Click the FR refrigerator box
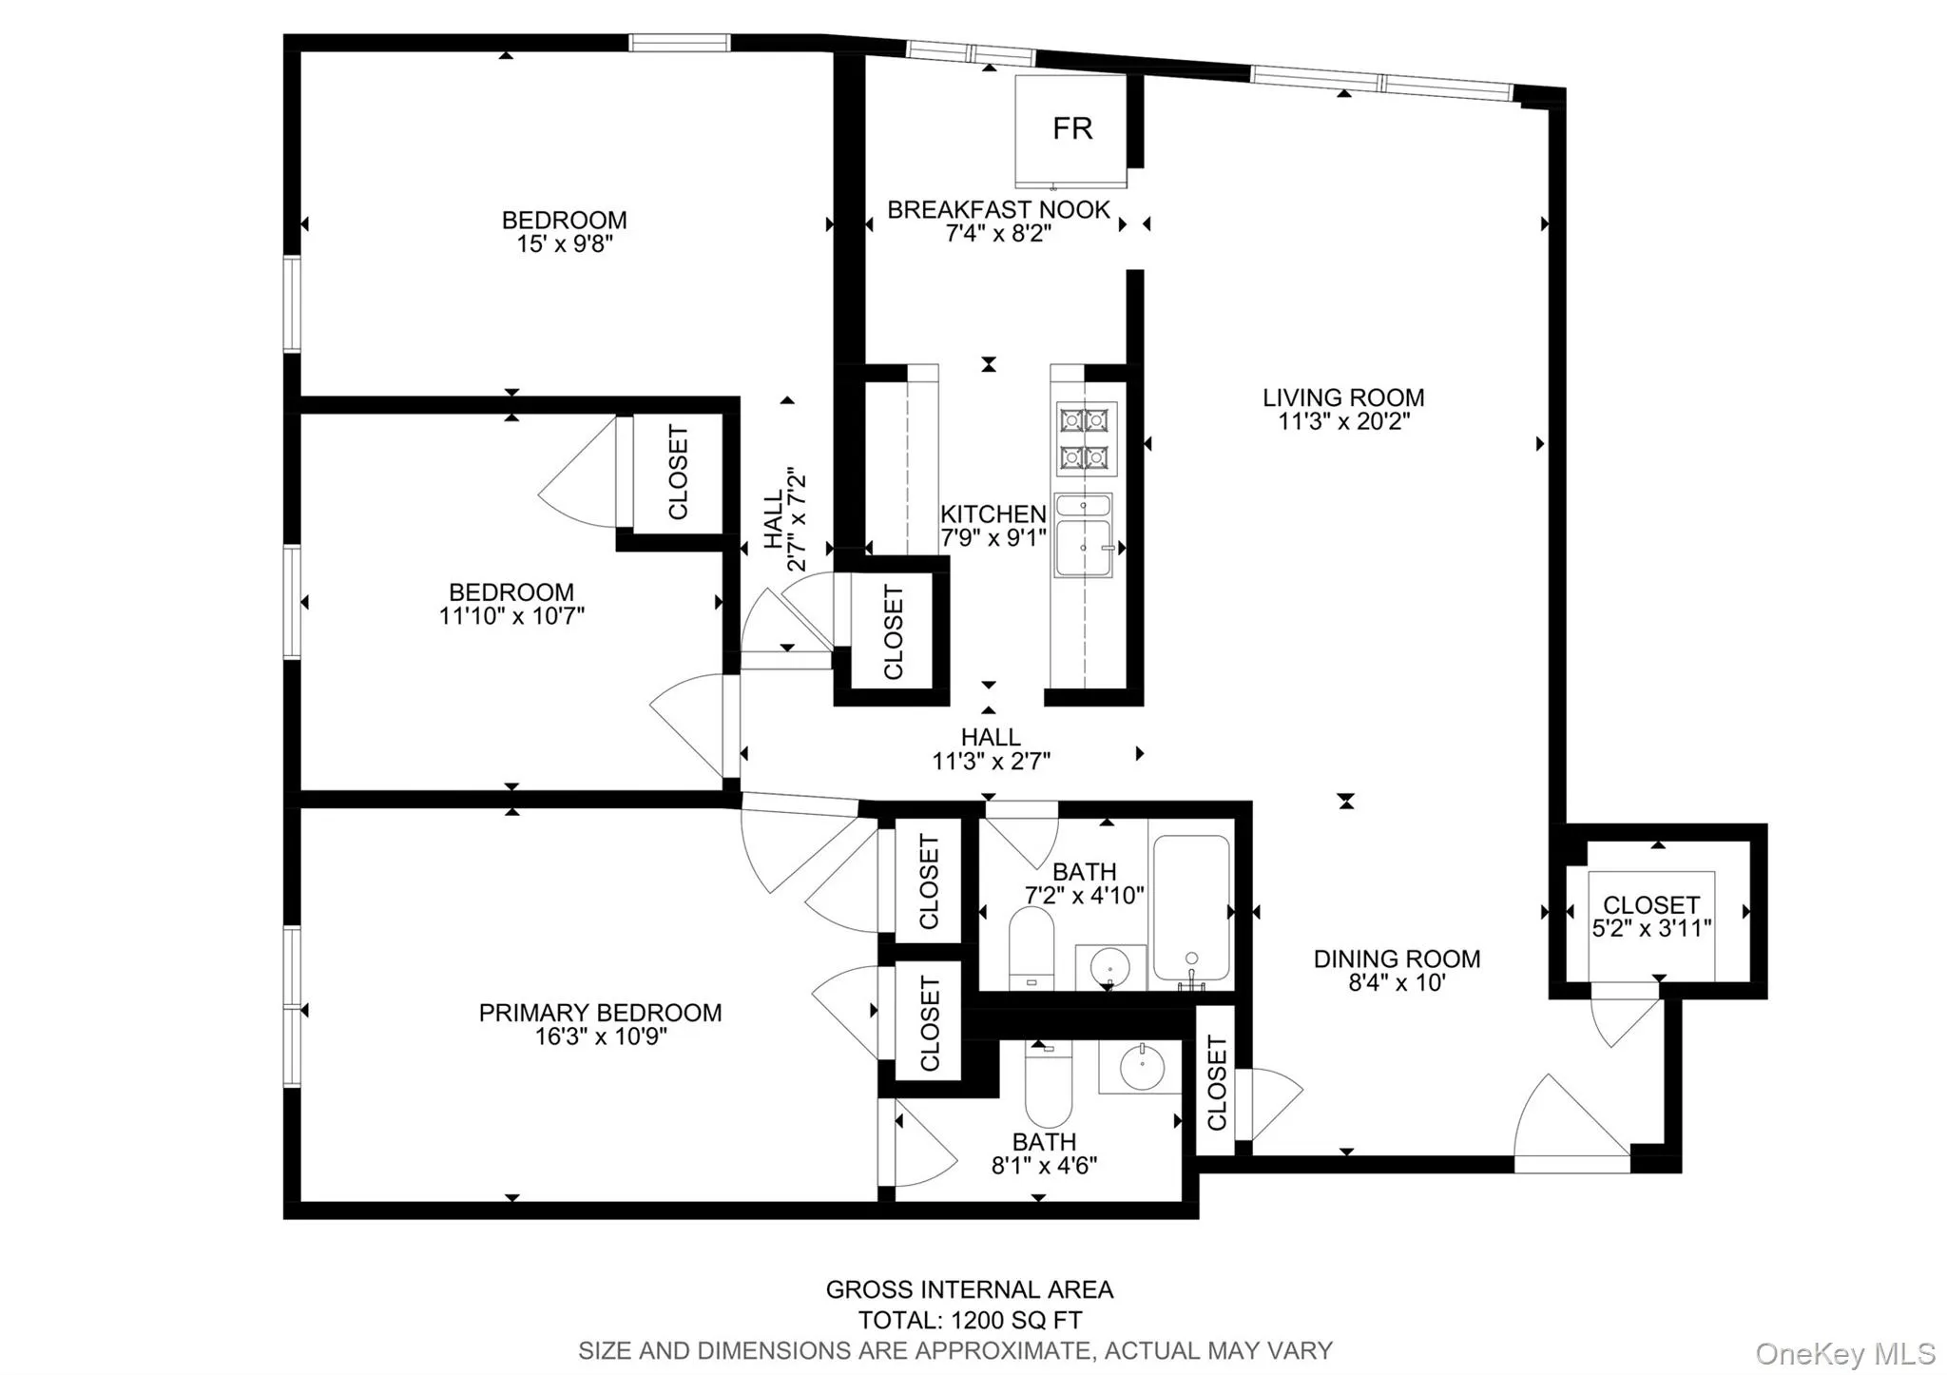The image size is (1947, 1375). [x=1071, y=129]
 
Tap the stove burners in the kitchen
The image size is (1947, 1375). [x=1086, y=438]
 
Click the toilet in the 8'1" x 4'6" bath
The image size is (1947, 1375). [x=1048, y=1084]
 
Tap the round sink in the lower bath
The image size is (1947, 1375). [x=1142, y=1069]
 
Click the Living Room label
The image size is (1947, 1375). [x=1342, y=397]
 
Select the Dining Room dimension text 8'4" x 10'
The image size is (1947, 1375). [x=1397, y=983]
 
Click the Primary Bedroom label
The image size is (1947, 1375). [x=600, y=1013]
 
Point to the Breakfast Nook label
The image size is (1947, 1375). [x=998, y=210]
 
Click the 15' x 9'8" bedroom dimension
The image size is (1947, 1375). [x=564, y=244]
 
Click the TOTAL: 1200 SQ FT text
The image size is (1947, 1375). [x=970, y=1321]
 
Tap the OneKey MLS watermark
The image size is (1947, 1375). [x=1844, y=1353]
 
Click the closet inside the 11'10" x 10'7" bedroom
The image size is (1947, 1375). [x=678, y=473]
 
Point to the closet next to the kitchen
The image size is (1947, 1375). [x=893, y=632]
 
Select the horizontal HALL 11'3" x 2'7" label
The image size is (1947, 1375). [x=991, y=748]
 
